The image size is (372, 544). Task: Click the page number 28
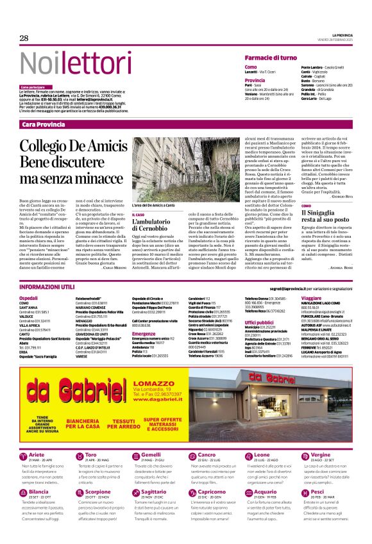coord(24,38)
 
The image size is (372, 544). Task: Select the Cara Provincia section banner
coord(43,124)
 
